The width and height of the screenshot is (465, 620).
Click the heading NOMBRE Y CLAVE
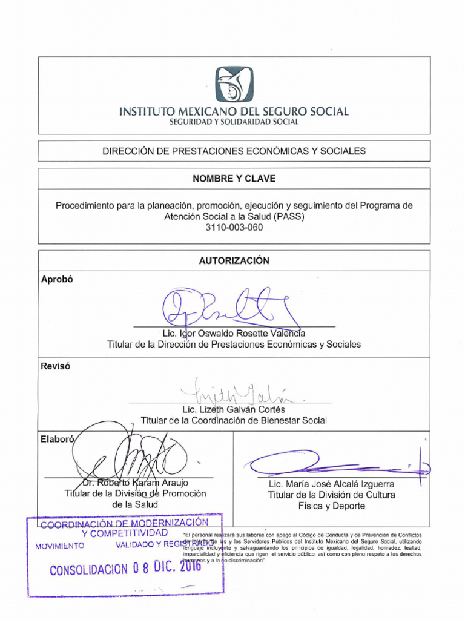coord(234,179)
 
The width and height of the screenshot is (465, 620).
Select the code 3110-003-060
coord(234,228)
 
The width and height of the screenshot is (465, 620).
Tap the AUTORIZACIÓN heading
coord(234,261)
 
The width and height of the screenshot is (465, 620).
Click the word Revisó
coord(56,366)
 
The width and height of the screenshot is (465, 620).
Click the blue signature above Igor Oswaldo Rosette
coord(230,309)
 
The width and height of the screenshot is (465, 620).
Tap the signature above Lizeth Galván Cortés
coord(239,392)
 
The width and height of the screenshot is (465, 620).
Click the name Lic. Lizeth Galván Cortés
coord(233,410)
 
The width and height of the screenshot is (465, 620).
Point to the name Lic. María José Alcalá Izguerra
coord(331,484)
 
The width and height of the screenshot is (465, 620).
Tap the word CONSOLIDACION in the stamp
coord(89,570)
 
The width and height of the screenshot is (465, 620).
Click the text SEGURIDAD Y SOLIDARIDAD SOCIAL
coord(234,122)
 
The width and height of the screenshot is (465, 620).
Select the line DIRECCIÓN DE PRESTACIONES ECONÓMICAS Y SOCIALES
coord(234,151)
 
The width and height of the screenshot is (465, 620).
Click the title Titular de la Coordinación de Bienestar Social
coord(233,420)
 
